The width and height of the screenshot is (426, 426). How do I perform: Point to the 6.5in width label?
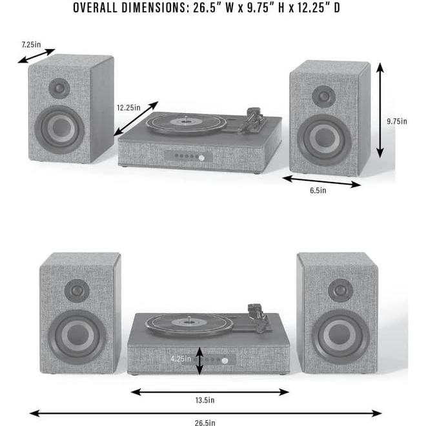(x=318, y=191)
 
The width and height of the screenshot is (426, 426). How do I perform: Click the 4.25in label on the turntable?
(x=181, y=358)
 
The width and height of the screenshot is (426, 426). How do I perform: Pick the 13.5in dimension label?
(x=210, y=401)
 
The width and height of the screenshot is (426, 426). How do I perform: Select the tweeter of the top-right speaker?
(x=323, y=97)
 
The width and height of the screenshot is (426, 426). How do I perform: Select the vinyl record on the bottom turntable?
(x=188, y=319)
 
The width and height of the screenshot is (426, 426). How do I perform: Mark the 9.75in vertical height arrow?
(x=380, y=110)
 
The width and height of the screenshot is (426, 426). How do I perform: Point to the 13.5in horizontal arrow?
(x=210, y=391)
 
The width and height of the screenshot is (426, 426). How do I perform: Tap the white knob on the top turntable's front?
(x=201, y=158)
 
